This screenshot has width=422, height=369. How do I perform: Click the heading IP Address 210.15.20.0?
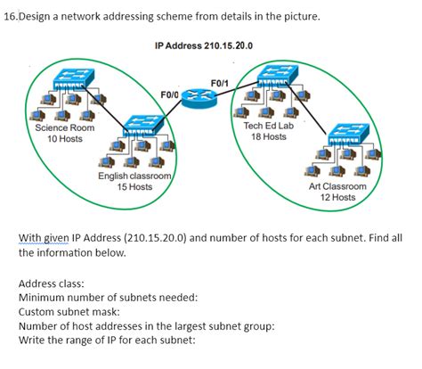pyautogui.click(x=203, y=45)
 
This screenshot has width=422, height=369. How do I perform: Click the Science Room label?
pyautogui.click(x=65, y=128)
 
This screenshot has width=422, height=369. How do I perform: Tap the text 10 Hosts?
pyautogui.click(x=65, y=139)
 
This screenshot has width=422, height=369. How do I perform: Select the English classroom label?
pyautogui.click(x=135, y=176)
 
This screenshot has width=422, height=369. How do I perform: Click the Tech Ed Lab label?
pyautogui.click(x=268, y=126)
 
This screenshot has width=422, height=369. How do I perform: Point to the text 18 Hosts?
pyautogui.click(x=268, y=136)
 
